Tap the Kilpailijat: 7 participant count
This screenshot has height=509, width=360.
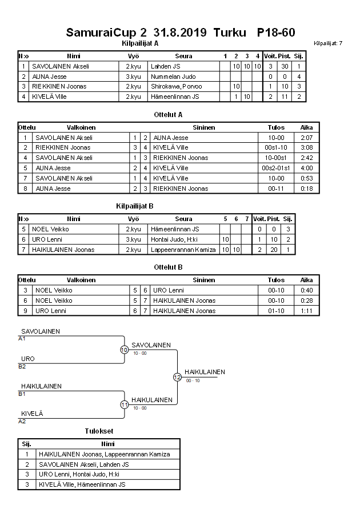(x=328, y=43)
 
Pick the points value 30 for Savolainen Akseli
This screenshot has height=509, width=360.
(x=285, y=66)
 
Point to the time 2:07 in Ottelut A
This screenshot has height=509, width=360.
(x=306, y=138)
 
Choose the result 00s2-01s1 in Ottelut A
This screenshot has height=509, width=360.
(x=276, y=169)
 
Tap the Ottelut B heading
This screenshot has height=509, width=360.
(x=168, y=267)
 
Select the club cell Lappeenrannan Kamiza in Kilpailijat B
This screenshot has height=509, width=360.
(x=183, y=250)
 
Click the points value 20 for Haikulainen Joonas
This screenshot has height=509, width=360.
(x=274, y=250)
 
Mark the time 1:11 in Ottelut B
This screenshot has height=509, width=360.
(x=306, y=311)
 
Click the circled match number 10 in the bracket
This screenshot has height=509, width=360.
(x=124, y=350)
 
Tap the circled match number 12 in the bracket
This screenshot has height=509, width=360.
(x=177, y=377)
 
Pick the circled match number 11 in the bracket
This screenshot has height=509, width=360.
(x=124, y=405)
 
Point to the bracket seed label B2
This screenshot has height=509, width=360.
(x=22, y=366)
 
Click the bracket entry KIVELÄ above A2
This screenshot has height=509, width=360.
(x=32, y=413)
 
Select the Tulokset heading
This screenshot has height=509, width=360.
(x=99, y=432)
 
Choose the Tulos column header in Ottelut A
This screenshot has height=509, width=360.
(x=276, y=127)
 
